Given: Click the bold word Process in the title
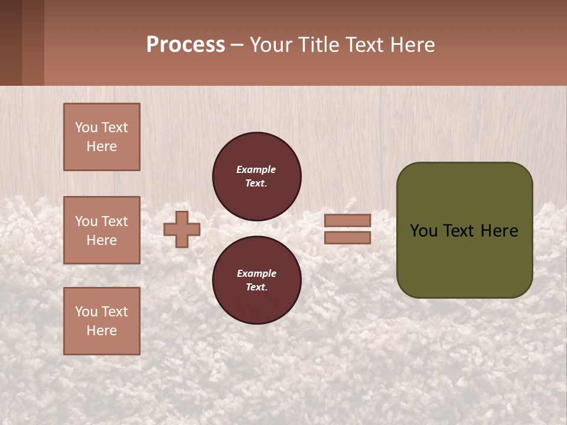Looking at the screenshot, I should pos(185,45).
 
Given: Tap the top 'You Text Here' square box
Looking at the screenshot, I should pos(102,137).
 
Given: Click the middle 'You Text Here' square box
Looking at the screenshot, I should pos(102,230).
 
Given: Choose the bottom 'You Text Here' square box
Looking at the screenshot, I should pos(102,321).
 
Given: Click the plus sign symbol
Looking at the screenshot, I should pos(182,229).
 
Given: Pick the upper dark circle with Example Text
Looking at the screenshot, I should pos(257,176).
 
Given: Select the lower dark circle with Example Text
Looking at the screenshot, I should pos(257,280).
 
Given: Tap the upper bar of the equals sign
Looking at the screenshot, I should pos(347,221).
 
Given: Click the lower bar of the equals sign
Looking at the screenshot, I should pos(347,237).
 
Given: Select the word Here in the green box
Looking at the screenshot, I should pos(499,231).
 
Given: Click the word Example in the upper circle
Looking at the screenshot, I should pos(256,170).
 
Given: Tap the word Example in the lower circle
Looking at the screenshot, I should pos(256,274).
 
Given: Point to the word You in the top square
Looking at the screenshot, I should pos(86,128).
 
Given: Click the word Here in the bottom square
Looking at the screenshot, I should pos(102,331).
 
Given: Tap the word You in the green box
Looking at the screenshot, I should pos(423,231).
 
